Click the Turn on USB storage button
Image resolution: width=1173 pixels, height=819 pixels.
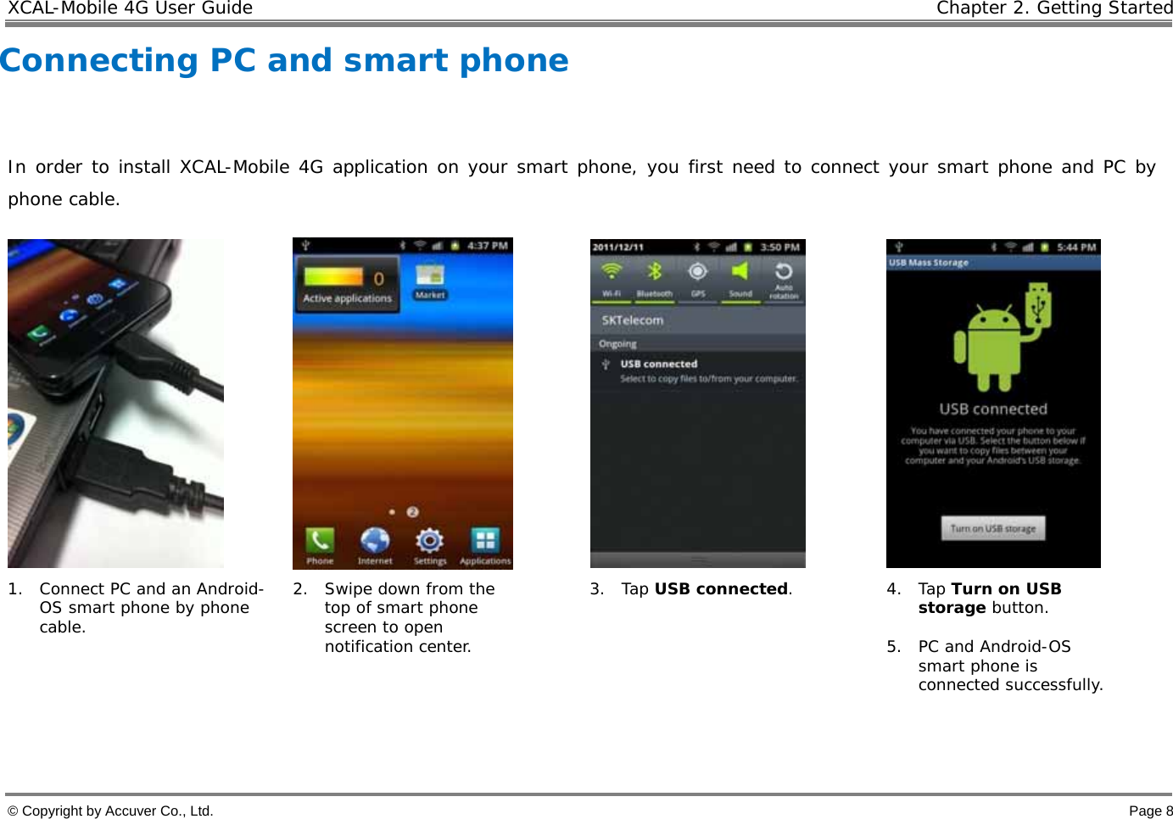[993, 528]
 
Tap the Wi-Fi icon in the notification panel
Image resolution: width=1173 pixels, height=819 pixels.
[611, 272]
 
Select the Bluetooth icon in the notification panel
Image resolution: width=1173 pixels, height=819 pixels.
[654, 272]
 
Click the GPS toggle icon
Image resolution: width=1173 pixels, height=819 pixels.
[697, 272]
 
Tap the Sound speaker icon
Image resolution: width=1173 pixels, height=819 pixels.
[740, 272]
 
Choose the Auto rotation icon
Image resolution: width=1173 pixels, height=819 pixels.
[784, 272]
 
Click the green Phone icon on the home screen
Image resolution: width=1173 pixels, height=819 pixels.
[320, 540]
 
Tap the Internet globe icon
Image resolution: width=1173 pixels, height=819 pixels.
[374, 540]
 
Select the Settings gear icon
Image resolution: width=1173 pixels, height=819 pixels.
[430, 540]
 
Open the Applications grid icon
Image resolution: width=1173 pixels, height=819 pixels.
[485, 540]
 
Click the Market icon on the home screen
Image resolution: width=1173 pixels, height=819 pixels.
[430, 276]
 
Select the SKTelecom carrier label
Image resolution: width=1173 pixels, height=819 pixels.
[633, 320]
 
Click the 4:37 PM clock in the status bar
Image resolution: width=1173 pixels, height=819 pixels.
[488, 246]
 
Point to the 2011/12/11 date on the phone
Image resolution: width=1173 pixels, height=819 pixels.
[618, 248]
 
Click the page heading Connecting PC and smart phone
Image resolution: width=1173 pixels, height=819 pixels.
[285, 60]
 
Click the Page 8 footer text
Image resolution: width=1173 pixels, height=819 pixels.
[1150, 811]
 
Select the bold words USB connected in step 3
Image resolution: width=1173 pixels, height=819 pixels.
[721, 588]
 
